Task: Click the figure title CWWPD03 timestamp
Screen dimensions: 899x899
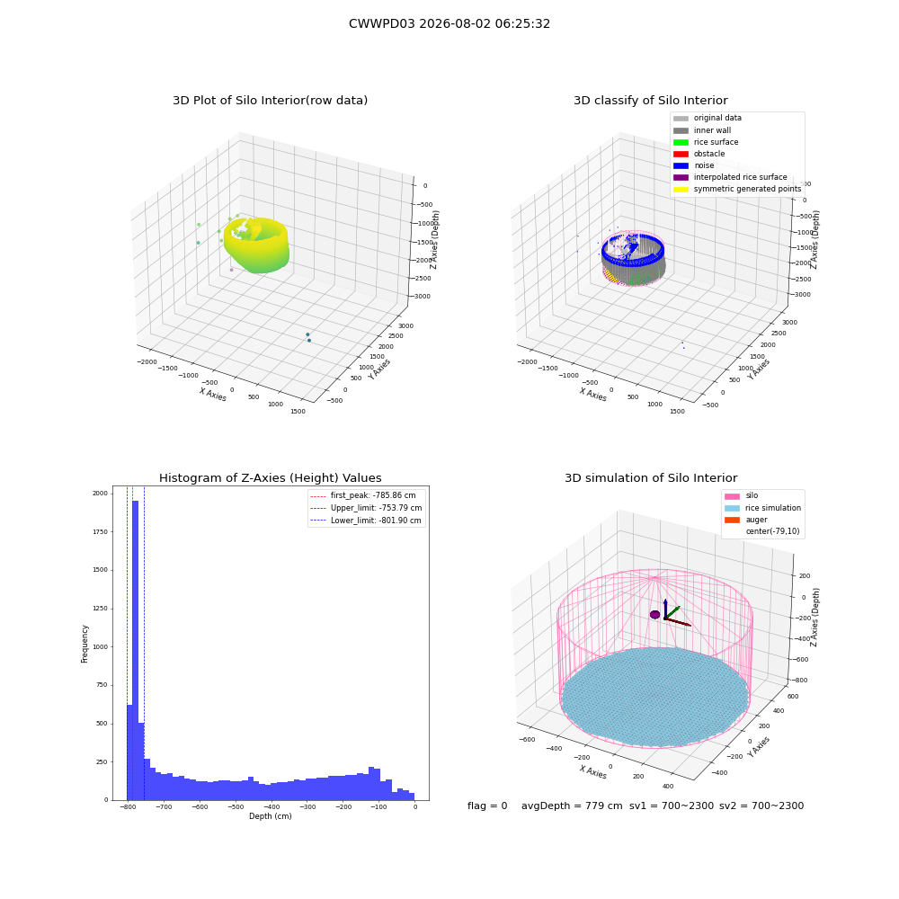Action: pos(449,23)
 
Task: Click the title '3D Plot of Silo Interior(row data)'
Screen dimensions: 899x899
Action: pos(270,101)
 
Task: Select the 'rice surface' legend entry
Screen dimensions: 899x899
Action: pos(706,142)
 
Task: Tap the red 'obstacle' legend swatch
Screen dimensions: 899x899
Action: pos(681,154)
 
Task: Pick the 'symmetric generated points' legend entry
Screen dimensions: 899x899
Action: pos(737,189)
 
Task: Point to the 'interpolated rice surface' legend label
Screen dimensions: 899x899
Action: pos(740,177)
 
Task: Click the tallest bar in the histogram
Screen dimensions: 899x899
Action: pos(136,650)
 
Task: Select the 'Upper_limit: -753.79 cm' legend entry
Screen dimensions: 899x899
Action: pos(366,508)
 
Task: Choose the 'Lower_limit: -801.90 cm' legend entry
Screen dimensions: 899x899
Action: pos(366,521)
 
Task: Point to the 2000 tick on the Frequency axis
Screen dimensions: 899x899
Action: pos(101,493)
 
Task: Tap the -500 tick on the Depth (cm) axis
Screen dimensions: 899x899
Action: pos(236,806)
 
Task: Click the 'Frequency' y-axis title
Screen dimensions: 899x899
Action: pos(85,644)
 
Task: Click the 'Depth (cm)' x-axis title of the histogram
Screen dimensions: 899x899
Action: pos(271,816)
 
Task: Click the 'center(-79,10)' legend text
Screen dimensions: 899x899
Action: pos(772,531)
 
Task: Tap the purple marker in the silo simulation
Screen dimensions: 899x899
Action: pos(654,615)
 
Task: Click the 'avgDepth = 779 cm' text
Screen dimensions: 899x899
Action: pos(572,806)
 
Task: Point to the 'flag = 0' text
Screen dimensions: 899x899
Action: pos(487,806)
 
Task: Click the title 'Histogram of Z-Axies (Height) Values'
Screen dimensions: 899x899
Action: pos(270,478)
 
